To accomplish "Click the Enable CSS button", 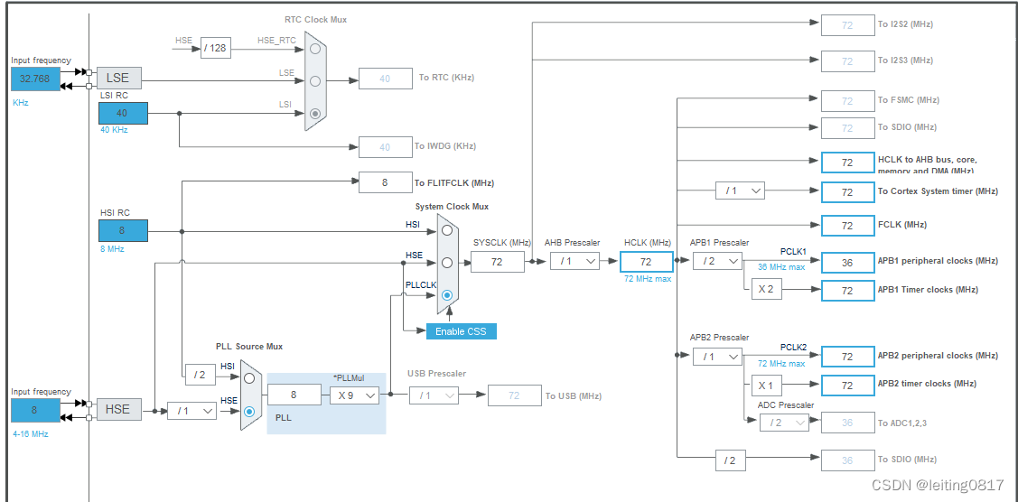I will point(461,331).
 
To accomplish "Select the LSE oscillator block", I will point(118,78).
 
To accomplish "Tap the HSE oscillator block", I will point(118,409).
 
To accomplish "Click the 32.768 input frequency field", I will point(35,79).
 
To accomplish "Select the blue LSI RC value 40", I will point(123,113).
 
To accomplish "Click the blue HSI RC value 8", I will point(123,230).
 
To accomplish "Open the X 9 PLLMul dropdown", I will point(353,395).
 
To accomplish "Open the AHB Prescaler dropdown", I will point(574,261).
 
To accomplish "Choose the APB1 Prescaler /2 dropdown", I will point(717,261).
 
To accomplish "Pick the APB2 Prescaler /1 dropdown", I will point(717,357).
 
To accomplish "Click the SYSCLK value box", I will point(497,262).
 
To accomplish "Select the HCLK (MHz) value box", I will point(646,262).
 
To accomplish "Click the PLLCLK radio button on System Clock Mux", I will point(446,295).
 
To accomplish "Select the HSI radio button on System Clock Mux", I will point(446,230).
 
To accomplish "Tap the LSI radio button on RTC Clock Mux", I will point(314,113).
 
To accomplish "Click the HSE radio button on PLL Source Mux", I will point(249,412).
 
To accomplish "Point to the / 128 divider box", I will point(215,48).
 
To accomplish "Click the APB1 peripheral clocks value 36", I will point(847,262).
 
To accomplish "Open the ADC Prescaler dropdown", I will point(783,423).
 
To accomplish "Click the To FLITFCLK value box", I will point(385,182).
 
